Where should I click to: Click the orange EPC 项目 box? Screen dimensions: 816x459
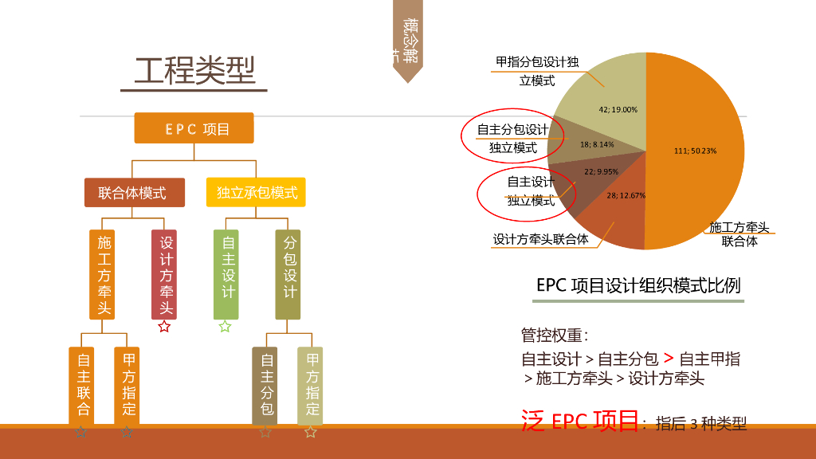point(194,128)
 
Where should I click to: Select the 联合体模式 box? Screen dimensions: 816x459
point(135,192)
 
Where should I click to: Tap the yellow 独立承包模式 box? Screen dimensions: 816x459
point(256,192)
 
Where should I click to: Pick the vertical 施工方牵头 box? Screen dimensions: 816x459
point(104,274)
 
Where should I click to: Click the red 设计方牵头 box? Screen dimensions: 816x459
point(164,274)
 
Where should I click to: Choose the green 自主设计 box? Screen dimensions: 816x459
point(226,274)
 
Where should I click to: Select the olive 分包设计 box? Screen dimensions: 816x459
point(288,274)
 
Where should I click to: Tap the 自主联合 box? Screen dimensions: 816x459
point(82,384)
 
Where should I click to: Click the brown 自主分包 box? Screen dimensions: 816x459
point(265,384)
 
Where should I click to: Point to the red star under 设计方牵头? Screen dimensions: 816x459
point(164,326)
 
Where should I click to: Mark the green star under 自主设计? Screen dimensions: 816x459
point(226,326)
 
